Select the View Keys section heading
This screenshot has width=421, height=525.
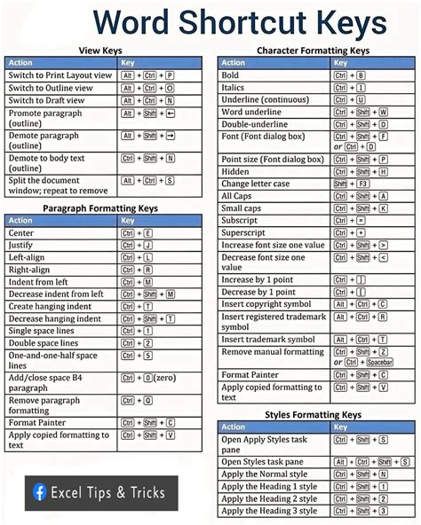100,51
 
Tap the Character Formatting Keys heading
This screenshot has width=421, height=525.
313,51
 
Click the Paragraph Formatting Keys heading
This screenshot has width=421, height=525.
100,208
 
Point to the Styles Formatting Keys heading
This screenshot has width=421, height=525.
313,414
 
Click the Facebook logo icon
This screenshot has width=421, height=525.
40,491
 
